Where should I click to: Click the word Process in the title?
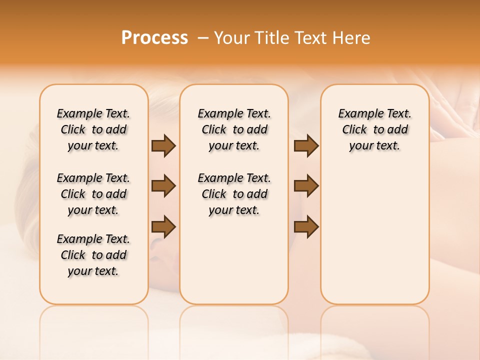(x=154, y=38)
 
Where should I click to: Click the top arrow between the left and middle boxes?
(x=163, y=145)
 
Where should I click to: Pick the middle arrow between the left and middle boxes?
(x=163, y=186)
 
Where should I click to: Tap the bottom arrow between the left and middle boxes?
(x=163, y=227)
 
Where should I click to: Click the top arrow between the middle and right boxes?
(x=306, y=145)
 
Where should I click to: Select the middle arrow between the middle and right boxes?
(x=306, y=186)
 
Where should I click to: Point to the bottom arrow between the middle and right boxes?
(x=306, y=227)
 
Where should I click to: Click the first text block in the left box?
(x=93, y=129)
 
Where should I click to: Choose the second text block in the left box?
(x=93, y=194)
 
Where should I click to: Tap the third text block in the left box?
(x=93, y=255)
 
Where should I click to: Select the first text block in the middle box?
(x=234, y=129)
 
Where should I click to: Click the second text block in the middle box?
(x=234, y=194)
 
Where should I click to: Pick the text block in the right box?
(x=375, y=129)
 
